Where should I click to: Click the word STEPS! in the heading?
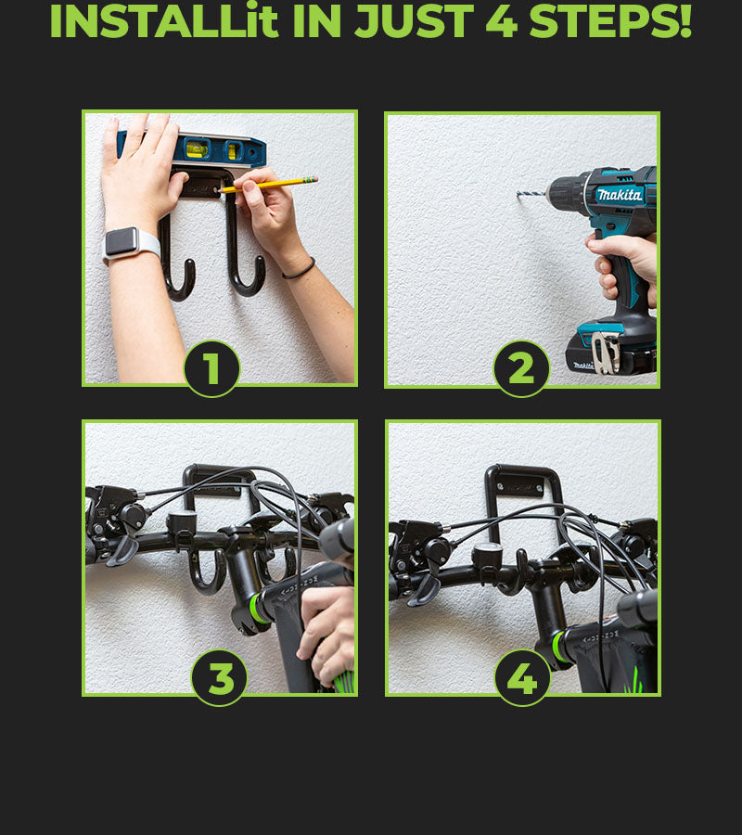610,21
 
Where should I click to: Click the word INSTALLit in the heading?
164,20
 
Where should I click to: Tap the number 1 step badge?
211,368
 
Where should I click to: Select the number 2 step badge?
521,368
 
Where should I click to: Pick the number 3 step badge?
219,678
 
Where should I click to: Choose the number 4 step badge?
522,678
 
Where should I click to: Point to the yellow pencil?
269,185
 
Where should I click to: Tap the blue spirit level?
193,148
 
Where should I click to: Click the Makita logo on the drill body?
619,195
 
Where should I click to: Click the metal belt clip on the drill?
607,352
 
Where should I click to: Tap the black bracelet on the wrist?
300,269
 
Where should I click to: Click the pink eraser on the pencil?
313,179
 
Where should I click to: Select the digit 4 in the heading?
502,21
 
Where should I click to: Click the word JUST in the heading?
414,21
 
